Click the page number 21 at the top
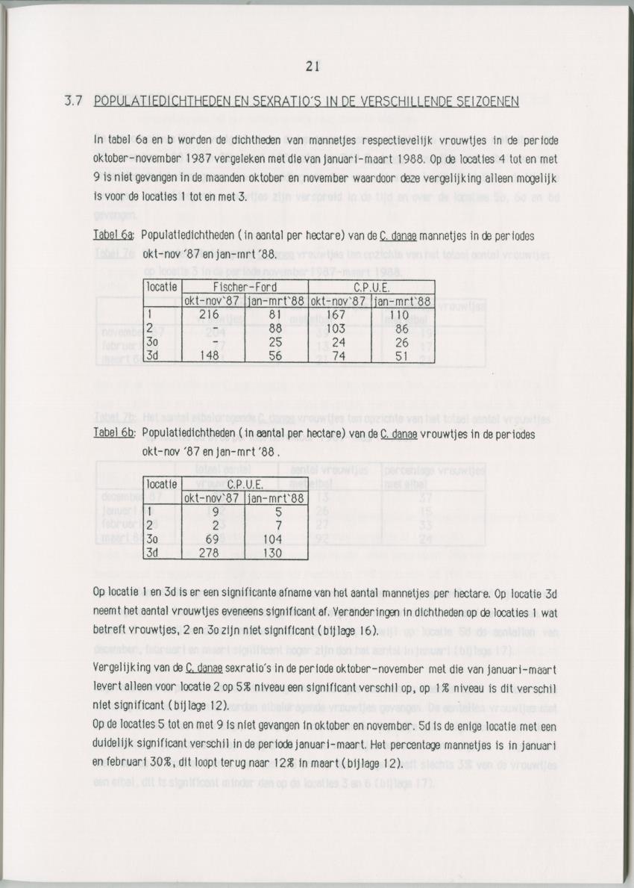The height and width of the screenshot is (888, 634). [313, 66]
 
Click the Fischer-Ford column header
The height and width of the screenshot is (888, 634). [245, 288]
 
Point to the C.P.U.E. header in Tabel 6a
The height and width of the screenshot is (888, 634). [371, 288]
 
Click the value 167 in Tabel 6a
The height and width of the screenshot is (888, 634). [336, 314]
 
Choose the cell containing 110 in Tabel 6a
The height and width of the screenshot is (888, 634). [401, 314]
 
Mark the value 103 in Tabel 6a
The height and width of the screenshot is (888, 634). [337, 328]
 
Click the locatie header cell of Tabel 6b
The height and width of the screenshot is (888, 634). [161, 484]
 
